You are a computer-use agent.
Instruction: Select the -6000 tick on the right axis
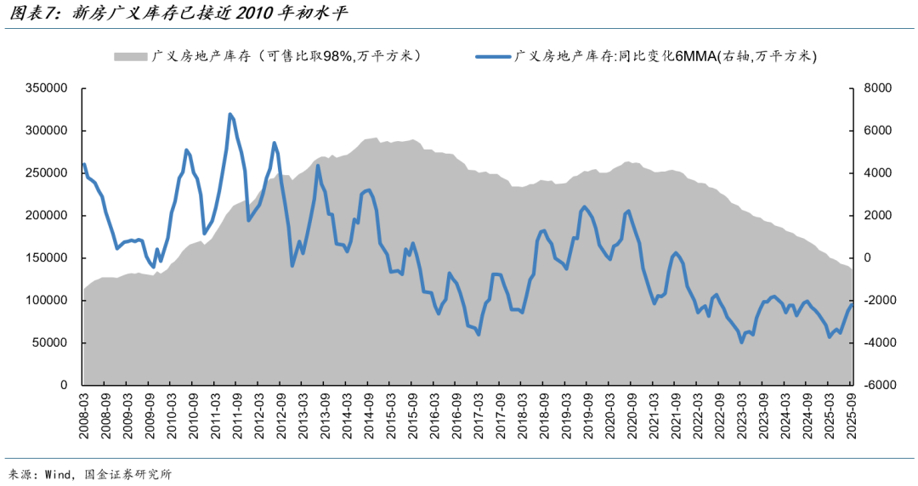click(879, 386)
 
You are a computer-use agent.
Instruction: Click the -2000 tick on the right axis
click(879, 301)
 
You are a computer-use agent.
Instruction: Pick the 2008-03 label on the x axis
click(84, 415)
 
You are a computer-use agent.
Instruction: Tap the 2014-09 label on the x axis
click(369, 415)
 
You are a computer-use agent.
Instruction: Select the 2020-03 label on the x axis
click(609, 415)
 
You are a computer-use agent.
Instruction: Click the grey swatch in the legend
click(130, 57)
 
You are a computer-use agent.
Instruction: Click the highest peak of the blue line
click(230, 114)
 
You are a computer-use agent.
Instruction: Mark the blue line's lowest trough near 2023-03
click(741, 342)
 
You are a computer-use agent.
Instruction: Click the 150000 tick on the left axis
click(50, 258)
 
